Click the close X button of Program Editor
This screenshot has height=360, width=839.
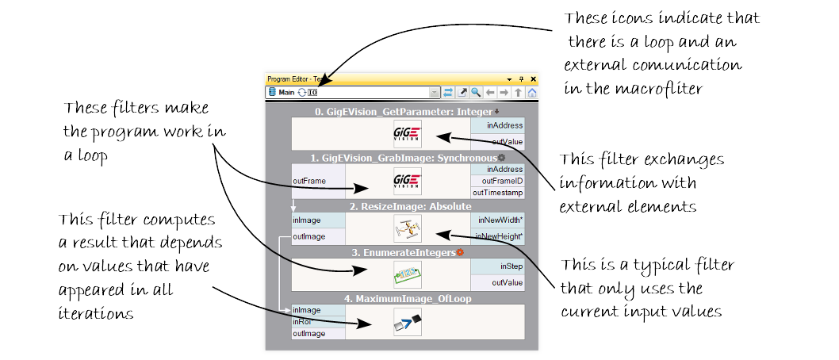pos(533,79)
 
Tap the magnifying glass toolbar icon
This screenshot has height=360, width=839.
pos(476,93)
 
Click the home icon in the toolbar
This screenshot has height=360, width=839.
pos(532,93)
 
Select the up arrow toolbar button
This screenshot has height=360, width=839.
pos(518,93)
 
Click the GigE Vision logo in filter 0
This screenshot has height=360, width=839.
pos(407,133)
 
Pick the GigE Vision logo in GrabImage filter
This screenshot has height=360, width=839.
pos(407,181)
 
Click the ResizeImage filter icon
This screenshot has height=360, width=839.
pos(407,228)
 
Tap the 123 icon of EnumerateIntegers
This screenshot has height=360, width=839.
pos(407,276)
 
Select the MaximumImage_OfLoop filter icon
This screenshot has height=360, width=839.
pos(407,323)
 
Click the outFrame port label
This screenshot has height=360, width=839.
pos(309,181)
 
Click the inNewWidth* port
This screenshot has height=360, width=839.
pos(500,219)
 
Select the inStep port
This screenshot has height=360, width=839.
pos(511,267)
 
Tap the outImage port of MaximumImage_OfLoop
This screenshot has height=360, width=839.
pos(308,334)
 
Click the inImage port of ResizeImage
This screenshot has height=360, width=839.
pos(308,220)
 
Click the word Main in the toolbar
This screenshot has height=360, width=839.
pos(286,93)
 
